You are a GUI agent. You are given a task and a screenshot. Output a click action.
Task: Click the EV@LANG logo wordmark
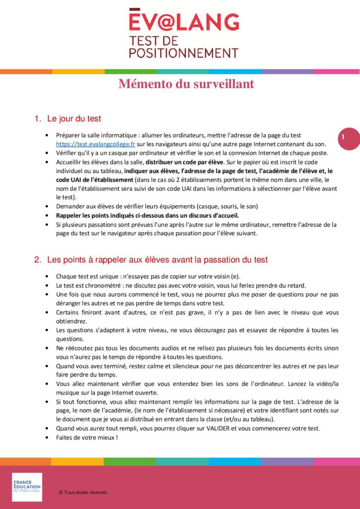coord(183,21)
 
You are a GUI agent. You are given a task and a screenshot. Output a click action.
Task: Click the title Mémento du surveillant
coord(186,84)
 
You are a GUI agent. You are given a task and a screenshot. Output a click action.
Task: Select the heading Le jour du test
coord(74,119)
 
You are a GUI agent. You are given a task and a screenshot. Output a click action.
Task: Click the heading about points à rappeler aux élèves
coord(157,259)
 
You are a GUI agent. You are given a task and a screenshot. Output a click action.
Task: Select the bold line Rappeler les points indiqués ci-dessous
coord(148,215)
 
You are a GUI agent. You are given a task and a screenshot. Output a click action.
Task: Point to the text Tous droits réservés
coord(85,492)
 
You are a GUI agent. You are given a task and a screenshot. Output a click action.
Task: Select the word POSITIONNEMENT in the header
coord(183,53)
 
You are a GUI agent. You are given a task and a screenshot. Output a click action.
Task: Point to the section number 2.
coord(37,259)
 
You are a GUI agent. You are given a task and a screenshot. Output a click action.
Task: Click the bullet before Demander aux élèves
coord(46,206)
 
